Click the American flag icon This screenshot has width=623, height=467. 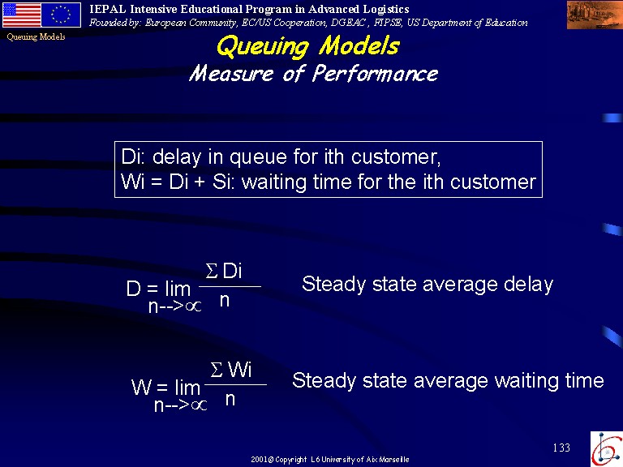coord(22,15)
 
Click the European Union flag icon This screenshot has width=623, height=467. coord(61,15)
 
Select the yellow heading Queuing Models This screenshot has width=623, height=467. coord(308,46)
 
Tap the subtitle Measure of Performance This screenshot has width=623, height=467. coord(313,74)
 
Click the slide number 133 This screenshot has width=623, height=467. coord(561,448)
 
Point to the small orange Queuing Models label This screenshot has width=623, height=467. coord(36,37)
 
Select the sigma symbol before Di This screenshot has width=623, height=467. coord(212,272)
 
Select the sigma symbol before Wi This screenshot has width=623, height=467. coord(217,371)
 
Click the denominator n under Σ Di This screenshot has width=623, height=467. coord(225,301)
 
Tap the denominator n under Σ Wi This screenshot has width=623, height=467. coord(230,400)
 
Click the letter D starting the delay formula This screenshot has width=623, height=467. coord(134,289)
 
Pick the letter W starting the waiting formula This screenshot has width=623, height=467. coord(141,388)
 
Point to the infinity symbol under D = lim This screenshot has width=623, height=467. coord(194,306)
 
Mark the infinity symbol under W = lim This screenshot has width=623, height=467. coord(199,405)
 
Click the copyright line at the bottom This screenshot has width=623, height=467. coord(330,460)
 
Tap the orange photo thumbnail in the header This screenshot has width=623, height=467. coord(595,15)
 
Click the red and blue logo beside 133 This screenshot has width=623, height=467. coord(607,448)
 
